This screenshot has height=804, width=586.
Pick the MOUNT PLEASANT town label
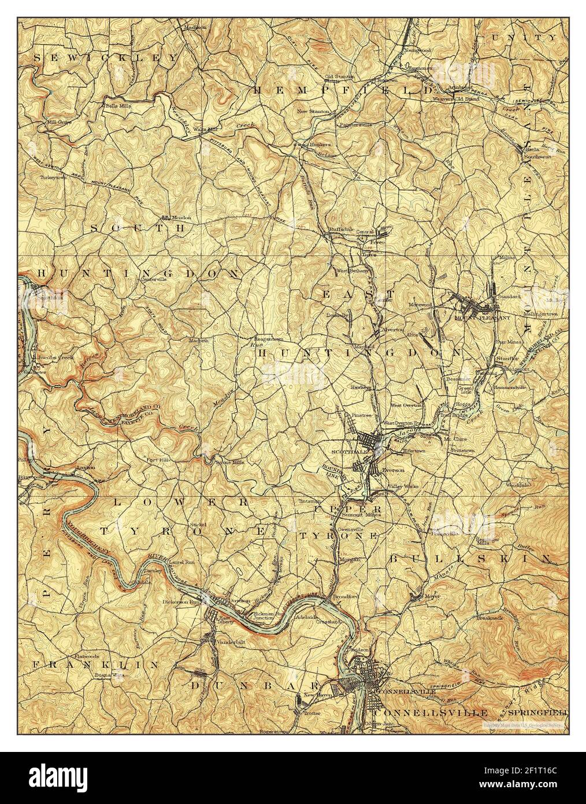[x=475, y=318]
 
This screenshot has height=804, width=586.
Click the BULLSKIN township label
[x=468, y=558]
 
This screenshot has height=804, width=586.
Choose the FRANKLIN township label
[x=95, y=665]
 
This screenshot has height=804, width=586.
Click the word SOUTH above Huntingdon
[x=138, y=228]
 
